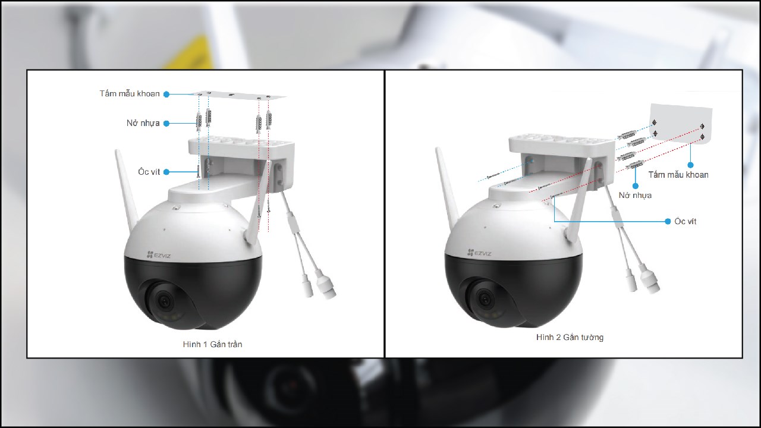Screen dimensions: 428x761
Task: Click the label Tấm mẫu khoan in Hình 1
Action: coord(130,94)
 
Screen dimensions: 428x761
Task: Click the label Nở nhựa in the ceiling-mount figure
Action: coord(143,124)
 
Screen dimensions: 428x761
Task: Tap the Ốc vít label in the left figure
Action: coord(149,172)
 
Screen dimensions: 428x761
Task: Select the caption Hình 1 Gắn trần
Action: coord(212,344)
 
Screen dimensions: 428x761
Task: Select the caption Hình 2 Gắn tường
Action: coord(570,337)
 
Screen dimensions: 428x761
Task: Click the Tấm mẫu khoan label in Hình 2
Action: coord(678,175)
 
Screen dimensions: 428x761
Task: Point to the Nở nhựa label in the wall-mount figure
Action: coord(635,195)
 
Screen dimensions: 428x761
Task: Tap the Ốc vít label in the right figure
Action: coord(685,221)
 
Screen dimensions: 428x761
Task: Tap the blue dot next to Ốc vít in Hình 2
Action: coord(668,221)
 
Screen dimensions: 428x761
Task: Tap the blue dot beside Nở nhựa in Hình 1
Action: coord(166,124)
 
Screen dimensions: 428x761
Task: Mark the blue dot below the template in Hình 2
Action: coord(690,165)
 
